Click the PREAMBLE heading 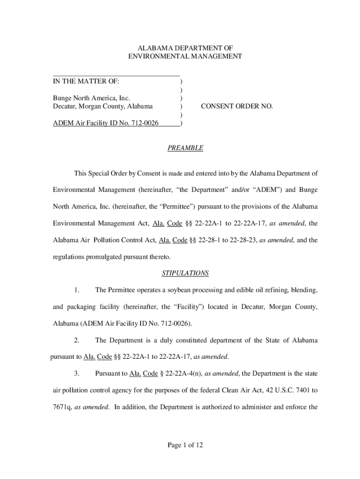click(x=185, y=148)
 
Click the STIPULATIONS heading click(x=185, y=273)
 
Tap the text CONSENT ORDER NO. click(x=237, y=106)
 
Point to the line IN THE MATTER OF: click(x=86, y=81)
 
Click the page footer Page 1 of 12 click(x=185, y=445)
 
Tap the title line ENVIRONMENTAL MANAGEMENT click(x=185, y=56)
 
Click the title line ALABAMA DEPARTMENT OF click(x=185, y=48)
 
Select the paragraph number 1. click(x=77, y=290)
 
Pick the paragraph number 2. click(x=77, y=340)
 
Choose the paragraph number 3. click(x=77, y=373)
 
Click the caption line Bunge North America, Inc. click(x=91, y=98)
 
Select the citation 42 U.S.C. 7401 click(x=286, y=390)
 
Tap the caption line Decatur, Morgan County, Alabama click(x=102, y=106)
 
